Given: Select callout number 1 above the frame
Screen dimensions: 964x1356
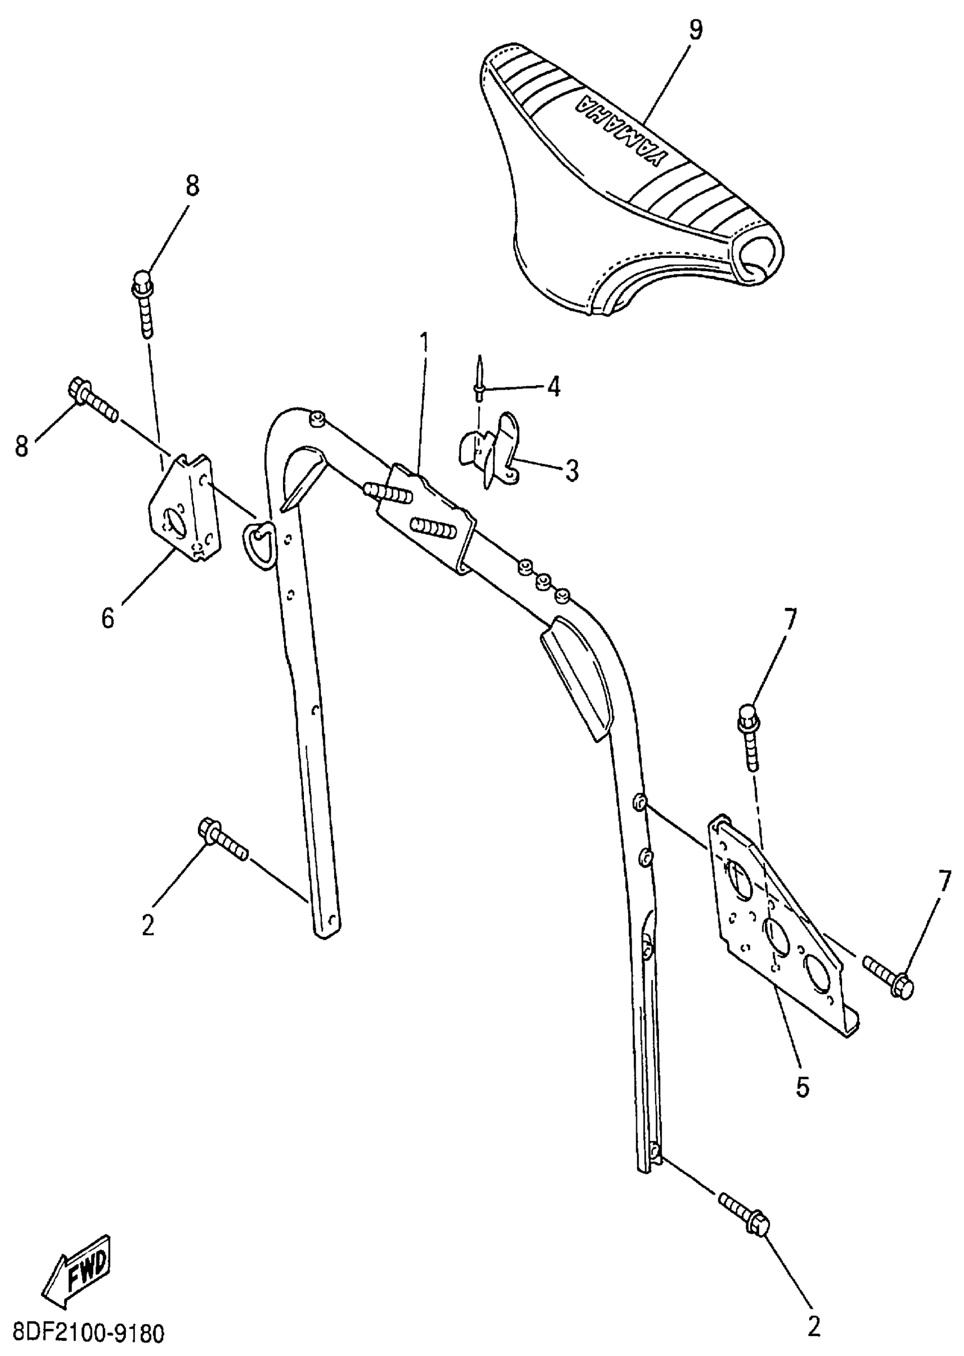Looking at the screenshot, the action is [x=423, y=344].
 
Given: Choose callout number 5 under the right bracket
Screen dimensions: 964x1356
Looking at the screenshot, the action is [x=802, y=1087].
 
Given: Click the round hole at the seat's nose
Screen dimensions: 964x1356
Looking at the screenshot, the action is [x=759, y=258].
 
